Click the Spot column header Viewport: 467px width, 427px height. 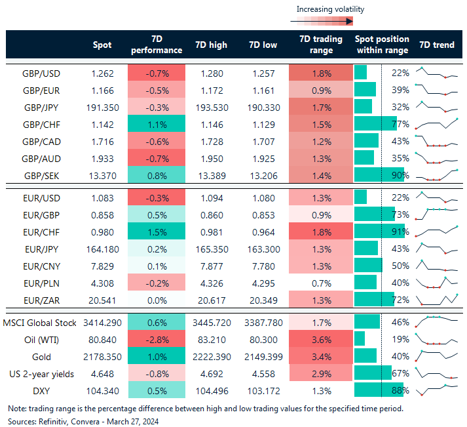click(x=102, y=45)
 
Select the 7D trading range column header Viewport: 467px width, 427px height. click(x=320, y=45)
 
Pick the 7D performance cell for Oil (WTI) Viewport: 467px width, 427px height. click(x=157, y=340)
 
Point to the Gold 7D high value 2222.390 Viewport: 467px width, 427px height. click(x=211, y=357)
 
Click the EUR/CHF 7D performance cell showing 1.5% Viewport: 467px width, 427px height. click(x=157, y=232)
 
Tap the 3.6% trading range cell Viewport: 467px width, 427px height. click(x=320, y=340)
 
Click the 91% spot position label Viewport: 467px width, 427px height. click(x=400, y=232)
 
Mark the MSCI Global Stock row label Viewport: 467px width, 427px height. click(x=39, y=323)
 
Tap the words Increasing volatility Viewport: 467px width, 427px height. click(x=330, y=9)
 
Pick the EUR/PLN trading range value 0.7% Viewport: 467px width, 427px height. click(x=320, y=283)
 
